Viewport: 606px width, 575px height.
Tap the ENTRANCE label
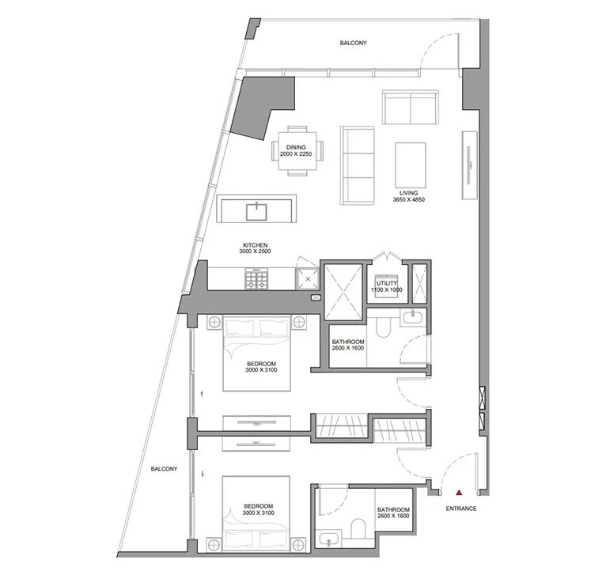(461, 509)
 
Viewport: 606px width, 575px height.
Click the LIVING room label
(408, 193)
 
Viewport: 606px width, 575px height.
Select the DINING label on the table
(297, 147)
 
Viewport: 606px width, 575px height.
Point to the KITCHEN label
(256, 245)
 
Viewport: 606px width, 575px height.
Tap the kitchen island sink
(257, 210)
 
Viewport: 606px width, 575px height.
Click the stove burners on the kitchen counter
(256, 279)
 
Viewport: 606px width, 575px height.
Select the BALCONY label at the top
(353, 44)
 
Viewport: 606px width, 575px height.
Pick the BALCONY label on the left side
(165, 469)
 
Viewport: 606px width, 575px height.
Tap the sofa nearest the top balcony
(410, 106)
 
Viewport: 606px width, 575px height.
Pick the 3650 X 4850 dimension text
(408, 201)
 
